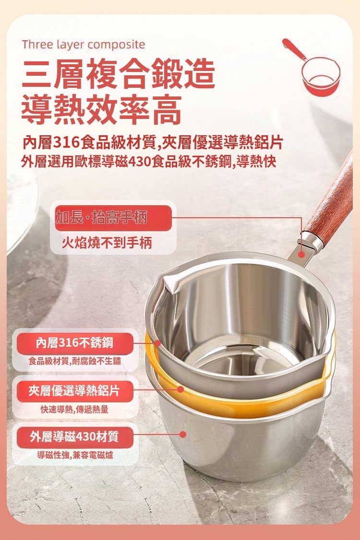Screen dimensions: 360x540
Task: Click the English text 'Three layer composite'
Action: point(84,45)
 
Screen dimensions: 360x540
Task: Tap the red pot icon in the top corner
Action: point(312,69)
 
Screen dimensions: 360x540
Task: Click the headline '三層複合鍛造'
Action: point(119,74)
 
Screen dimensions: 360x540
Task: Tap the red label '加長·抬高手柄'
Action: point(102,218)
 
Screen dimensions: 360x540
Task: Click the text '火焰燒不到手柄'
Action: point(107,243)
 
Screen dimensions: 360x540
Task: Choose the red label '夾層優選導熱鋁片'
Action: point(74,391)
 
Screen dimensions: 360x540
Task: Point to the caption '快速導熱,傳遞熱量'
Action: point(74,409)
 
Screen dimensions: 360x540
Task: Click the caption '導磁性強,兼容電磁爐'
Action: point(75,456)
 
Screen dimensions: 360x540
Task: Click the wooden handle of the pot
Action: point(329,203)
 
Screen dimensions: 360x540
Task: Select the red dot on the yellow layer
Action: point(180,389)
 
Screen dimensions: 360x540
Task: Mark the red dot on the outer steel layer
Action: point(183,434)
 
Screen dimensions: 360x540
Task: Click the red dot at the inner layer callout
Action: point(157,343)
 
